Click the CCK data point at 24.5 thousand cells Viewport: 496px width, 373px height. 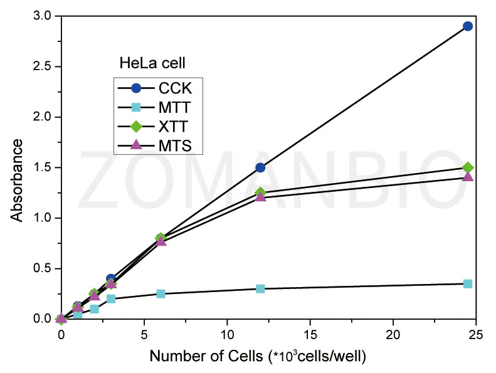[467, 26]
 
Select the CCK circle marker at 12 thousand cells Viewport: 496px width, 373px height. [260, 167]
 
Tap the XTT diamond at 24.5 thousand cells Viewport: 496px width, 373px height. [467, 167]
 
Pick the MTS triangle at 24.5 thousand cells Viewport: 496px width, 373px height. [467, 177]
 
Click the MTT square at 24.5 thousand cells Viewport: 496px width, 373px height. [467, 283]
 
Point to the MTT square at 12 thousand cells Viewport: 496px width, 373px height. [260, 288]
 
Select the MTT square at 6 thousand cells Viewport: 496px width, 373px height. [161, 293]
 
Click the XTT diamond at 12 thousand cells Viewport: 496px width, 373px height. [260, 192]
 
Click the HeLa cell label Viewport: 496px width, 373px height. [152, 63]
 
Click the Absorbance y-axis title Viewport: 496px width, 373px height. [17, 180]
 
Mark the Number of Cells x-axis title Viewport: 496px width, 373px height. [257, 357]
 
